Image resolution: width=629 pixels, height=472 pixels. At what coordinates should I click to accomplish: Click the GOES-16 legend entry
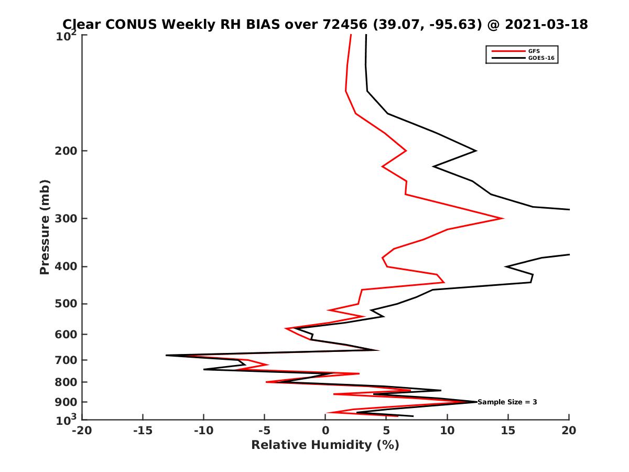(540, 58)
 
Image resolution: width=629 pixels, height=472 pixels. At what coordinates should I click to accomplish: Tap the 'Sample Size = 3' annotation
(507, 402)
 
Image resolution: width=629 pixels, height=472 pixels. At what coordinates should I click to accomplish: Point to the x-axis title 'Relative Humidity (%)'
(325, 445)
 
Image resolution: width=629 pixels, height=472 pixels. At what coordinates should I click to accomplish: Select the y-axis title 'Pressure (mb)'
(45, 227)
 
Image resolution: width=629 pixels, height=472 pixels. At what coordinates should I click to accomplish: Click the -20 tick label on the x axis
(82, 431)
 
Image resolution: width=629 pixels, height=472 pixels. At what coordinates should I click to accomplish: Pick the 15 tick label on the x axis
(508, 431)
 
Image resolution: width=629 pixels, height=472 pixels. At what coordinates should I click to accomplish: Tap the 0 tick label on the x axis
(326, 431)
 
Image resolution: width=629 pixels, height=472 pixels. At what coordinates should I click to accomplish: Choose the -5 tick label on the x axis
(264, 431)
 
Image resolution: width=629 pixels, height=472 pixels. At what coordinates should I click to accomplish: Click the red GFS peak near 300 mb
(503, 218)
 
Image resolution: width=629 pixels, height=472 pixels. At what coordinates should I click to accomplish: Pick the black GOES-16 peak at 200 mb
(476, 151)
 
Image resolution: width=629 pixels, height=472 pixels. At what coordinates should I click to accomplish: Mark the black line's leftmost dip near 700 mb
(166, 356)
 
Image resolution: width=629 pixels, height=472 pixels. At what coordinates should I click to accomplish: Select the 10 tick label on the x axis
(447, 431)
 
